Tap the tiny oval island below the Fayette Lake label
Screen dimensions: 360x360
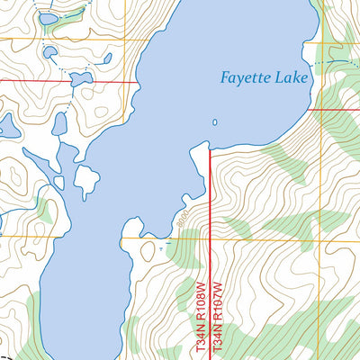tap(214, 122)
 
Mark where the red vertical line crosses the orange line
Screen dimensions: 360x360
tap(210, 239)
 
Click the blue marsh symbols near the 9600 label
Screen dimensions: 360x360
tap(163, 243)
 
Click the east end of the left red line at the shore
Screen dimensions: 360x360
tap(138, 82)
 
